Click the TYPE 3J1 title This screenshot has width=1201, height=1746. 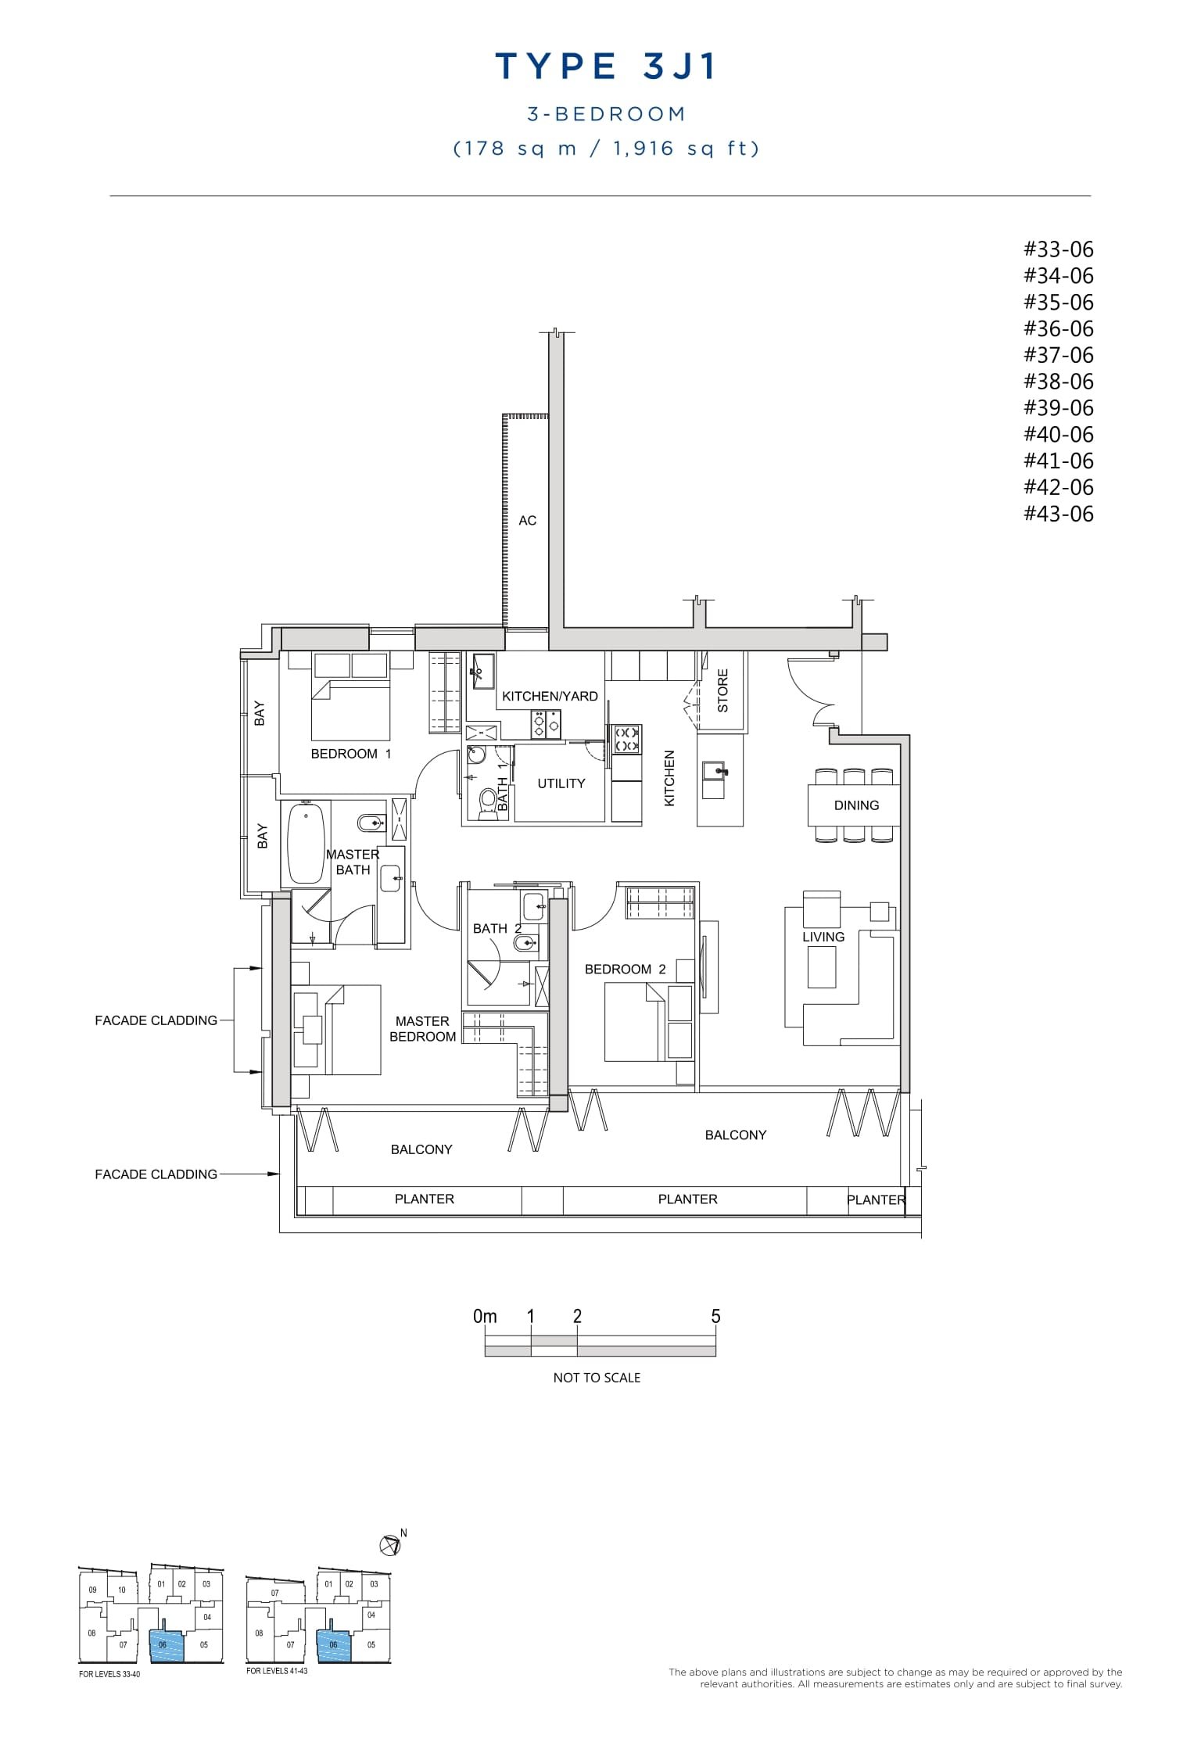click(606, 67)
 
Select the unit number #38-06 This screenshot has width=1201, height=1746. click(1058, 382)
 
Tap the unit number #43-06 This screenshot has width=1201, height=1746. click(1058, 514)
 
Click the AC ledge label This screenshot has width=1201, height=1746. click(527, 521)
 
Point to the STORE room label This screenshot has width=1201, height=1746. click(722, 690)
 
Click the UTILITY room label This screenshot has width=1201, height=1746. click(561, 783)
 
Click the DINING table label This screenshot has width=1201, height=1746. click(856, 805)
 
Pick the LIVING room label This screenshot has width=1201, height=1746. click(823, 937)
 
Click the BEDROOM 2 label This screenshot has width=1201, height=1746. click(625, 970)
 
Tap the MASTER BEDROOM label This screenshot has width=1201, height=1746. click(422, 1029)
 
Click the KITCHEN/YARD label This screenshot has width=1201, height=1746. click(550, 696)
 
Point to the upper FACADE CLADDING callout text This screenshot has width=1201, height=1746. click(156, 1020)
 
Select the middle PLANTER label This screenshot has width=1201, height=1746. click(687, 1199)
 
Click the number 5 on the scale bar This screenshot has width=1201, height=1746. click(715, 1317)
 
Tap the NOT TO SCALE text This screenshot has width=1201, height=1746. click(597, 1378)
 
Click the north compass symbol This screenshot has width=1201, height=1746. click(389, 1545)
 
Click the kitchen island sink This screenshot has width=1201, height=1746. click(715, 772)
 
